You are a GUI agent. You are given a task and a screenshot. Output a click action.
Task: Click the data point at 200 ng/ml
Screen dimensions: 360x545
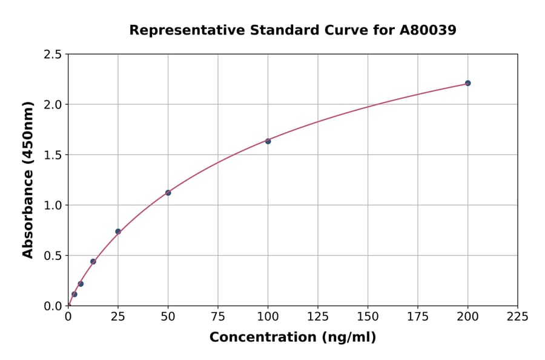467,83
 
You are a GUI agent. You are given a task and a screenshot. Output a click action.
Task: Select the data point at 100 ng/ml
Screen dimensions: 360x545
268,141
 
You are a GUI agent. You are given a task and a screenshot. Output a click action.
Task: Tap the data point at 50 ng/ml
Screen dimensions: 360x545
168,193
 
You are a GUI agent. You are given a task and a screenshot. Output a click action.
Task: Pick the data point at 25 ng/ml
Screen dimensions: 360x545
118,232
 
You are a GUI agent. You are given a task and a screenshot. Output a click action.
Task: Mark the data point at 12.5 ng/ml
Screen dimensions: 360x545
93,262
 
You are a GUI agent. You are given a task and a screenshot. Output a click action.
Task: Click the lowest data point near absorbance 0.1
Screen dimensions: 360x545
74,295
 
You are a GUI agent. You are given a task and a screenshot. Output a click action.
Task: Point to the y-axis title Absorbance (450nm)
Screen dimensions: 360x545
28,179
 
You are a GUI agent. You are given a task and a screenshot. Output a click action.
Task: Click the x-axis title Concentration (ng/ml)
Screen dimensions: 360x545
292,337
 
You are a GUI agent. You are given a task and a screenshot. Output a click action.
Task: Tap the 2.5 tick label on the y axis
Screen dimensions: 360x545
53,55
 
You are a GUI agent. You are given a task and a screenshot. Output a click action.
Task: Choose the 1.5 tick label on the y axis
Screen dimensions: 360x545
53,155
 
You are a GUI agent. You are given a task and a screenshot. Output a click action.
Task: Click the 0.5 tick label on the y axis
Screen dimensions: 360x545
53,256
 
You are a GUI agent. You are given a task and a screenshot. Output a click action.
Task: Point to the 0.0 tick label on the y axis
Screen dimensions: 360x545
53,306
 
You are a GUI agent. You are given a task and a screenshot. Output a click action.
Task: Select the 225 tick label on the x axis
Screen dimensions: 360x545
517,316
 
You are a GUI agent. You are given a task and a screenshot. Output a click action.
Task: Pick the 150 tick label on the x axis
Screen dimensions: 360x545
368,316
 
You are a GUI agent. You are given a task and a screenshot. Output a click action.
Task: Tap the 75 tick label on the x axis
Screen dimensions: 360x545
218,316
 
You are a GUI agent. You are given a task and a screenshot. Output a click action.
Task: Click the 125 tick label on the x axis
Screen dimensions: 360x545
318,316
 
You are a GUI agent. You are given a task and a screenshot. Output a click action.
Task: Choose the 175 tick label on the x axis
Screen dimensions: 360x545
418,316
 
